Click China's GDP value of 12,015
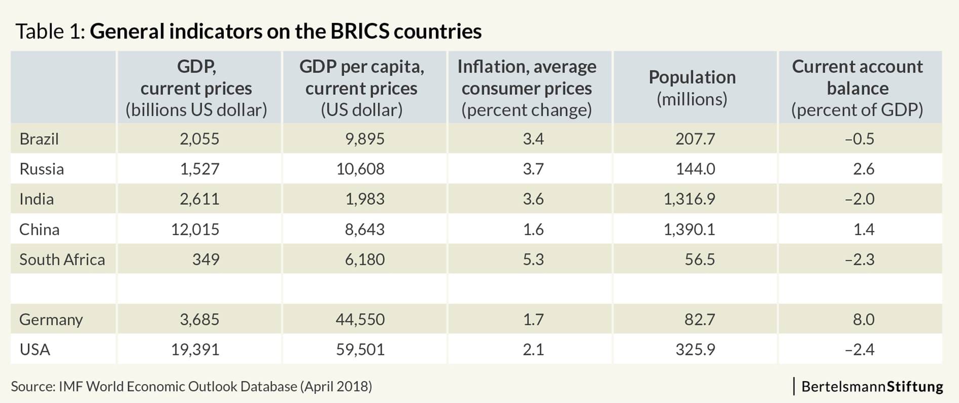(195, 229)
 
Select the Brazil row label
(39, 139)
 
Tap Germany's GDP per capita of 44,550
(360, 319)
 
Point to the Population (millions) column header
(692, 88)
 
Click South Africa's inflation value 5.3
(533, 260)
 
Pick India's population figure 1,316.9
(689, 199)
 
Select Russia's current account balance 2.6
(863, 169)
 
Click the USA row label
(34, 350)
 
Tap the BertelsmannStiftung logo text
(872, 387)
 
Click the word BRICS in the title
(360, 31)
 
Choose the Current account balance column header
(857, 88)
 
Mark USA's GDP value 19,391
(195, 350)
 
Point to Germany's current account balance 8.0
(863, 319)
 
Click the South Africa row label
(62, 260)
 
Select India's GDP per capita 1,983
(365, 199)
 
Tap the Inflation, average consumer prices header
(527, 88)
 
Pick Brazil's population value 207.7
(695, 139)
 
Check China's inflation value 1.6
(533, 229)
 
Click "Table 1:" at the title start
(50, 31)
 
